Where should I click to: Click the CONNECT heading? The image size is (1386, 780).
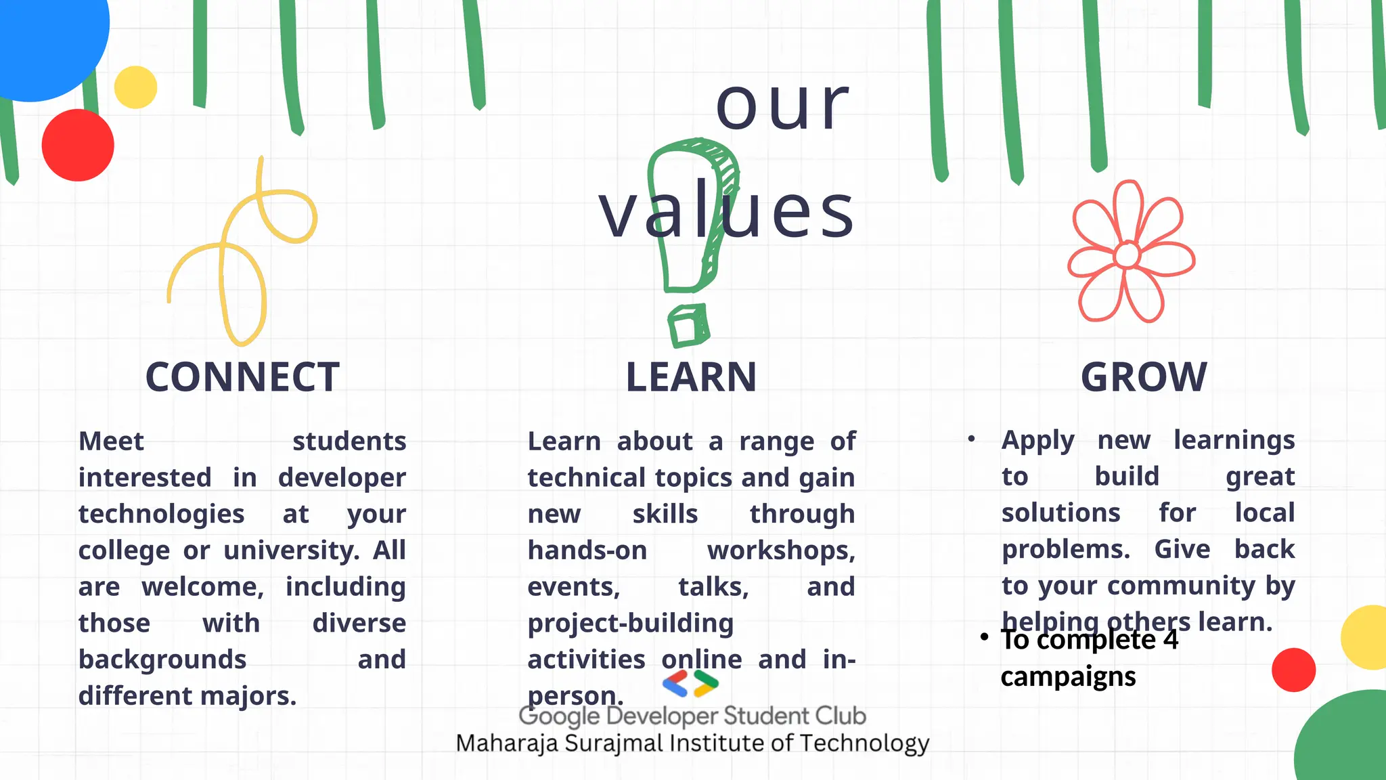click(x=242, y=377)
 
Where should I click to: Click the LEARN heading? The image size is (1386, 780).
click(x=691, y=377)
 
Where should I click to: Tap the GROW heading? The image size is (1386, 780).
click(x=1144, y=377)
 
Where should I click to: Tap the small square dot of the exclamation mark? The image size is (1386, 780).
click(x=688, y=326)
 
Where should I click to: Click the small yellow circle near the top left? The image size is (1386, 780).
click(x=135, y=87)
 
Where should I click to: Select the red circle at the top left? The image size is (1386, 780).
click(x=78, y=145)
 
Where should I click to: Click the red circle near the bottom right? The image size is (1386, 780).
click(x=1293, y=670)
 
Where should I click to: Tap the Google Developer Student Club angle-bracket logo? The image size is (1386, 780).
click(x=690, y=684)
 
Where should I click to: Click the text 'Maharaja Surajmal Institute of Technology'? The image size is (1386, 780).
click(x=692, y=743)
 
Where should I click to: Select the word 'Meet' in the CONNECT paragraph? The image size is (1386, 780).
click(x=112, y=441)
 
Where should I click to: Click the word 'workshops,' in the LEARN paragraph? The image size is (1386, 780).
click(x=781, y=550)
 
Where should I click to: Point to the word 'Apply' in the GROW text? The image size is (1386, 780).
click(x=1037, y=440)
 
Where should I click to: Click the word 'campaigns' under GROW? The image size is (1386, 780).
click(x=1068, y=676)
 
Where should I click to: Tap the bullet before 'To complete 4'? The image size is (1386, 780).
click(x=984, y=637)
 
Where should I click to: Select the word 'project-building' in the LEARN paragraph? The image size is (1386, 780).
click(x=630, y=624)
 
